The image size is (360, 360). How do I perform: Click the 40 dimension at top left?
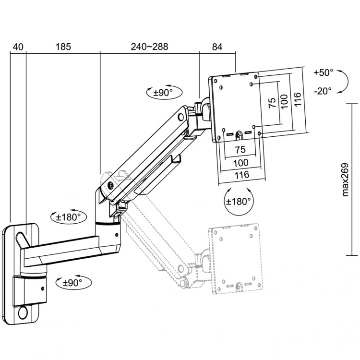18,47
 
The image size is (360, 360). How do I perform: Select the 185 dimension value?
63,47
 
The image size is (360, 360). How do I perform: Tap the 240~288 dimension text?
149,47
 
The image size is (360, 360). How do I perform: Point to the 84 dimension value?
217,47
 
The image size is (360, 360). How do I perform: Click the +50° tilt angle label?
323,73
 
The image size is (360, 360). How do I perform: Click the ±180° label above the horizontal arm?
69,217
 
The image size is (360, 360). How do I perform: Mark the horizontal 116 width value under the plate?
241,175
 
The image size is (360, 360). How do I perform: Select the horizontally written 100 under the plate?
241,163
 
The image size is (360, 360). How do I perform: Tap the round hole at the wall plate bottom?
22,313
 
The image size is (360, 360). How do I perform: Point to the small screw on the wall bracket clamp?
43,289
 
